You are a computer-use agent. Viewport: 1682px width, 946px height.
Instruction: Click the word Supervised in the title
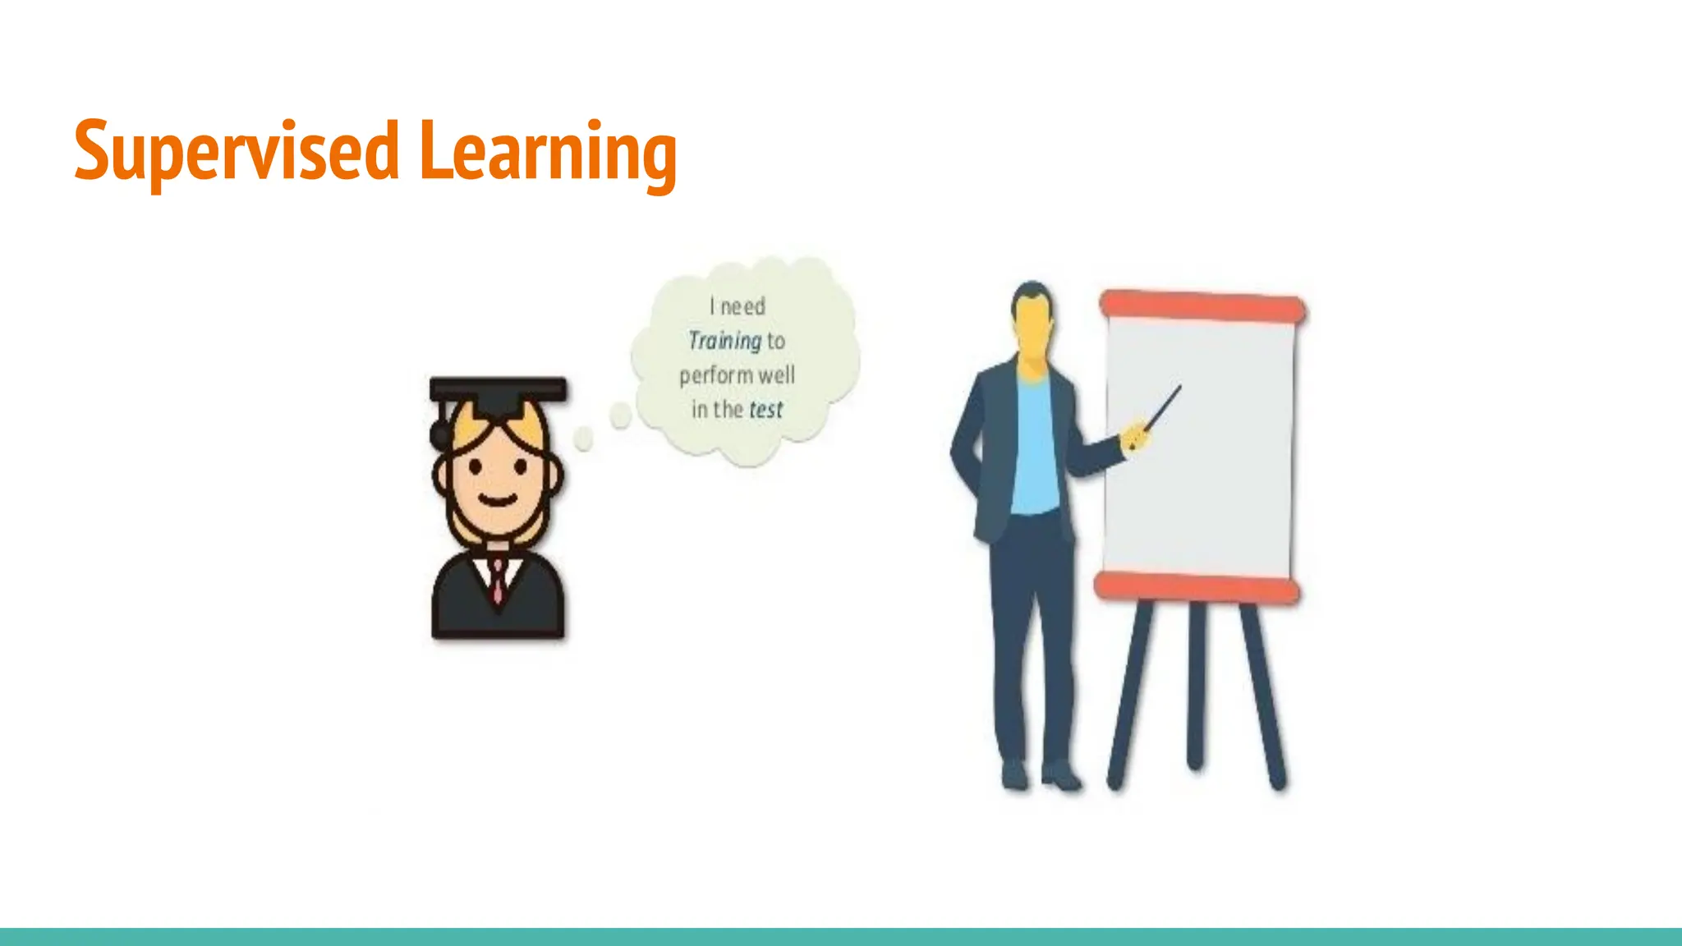237,152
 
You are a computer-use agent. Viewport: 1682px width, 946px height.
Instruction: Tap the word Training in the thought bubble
724,340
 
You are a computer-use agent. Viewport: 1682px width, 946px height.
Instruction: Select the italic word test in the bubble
765,409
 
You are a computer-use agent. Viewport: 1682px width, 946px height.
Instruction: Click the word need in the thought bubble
742,306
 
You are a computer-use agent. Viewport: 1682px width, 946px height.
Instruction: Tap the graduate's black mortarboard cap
498,392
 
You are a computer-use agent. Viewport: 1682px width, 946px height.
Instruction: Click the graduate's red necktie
498,579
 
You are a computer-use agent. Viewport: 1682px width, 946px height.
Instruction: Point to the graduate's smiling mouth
498,499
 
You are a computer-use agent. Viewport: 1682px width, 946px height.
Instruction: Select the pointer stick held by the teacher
1164,406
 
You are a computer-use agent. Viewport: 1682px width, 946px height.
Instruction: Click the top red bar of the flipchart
1202,305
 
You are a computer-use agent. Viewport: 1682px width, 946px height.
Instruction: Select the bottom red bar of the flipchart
1197,588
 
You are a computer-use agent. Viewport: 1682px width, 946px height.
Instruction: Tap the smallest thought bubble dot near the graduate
583,439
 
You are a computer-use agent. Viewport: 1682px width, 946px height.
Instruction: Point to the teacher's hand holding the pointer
1136,435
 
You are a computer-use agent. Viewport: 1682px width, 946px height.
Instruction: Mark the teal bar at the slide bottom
841,936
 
